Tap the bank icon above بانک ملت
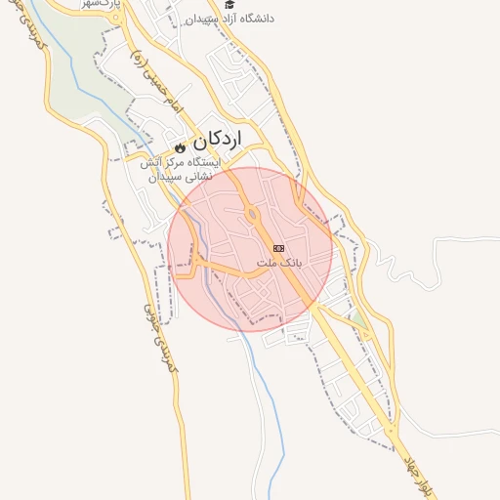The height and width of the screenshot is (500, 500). [279, 249]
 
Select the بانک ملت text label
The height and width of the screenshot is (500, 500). [280, 264]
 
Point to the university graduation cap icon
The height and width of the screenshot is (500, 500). [229, 5]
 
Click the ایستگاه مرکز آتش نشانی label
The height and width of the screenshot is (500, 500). [184, 170]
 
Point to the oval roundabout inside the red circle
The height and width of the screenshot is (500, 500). [252, 215]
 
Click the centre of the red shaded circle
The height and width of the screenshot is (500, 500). [250, 249]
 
